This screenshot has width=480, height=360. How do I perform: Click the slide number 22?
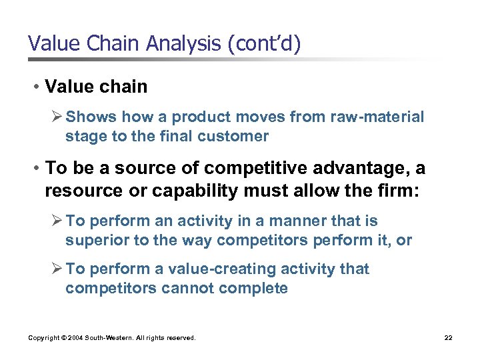click(x=448, y=338)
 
